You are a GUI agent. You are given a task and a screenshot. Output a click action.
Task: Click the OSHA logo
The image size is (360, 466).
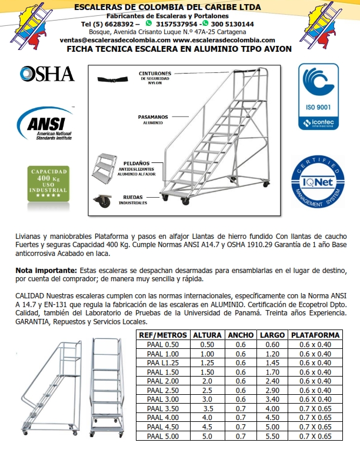pyautogui.click(x=47, y=74)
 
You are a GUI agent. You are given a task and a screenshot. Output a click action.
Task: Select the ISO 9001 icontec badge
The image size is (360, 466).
pyautogui.click(x=318, y=96)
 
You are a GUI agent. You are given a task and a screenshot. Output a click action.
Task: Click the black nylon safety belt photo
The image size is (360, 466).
pyautogui.click(x=114, y=79)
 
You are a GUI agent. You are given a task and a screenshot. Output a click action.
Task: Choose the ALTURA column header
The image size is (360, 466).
pyautogui.click(x=207, y=335)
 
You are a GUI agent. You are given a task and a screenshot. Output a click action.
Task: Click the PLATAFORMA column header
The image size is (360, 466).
pyautogui.click(x=316, y=335)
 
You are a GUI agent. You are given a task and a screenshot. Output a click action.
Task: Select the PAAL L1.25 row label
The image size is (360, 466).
pyautogui.click(x=163, y=363)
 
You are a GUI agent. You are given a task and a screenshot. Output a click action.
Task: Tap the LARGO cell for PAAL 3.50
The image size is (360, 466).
pyautogui.click(x=272, y=408)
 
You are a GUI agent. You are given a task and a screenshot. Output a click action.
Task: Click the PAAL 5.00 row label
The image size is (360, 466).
pyautogui.click(x=163, y=437)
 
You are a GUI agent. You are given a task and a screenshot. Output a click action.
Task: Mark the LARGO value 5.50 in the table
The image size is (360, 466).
pyautogui.click(x=272, y=437)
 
